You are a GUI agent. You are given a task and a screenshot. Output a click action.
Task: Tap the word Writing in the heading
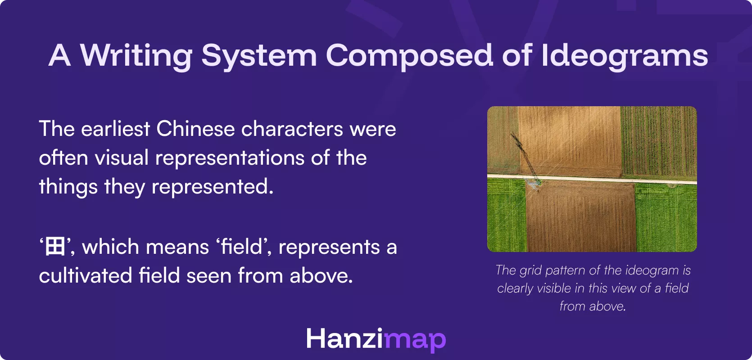pyautogui.click(x=136, y=56)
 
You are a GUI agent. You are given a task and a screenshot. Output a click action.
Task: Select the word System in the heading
pyautogui.click(x=259, y=56)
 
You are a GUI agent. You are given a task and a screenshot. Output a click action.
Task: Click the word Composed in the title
pyautogui.click(x=409, y=56)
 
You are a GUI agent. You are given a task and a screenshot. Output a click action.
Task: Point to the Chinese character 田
pyautogui.click(x=55, y=247)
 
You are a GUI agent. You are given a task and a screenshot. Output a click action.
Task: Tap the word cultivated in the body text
pyautogui.click(x=85, y=276)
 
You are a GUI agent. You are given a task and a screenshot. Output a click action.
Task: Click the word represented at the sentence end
pyautogui.click(x=212, y=187)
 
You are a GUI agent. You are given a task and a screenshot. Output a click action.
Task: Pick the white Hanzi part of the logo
pyautogui.click(x=344, y=338)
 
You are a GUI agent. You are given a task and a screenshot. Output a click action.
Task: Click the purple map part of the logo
pyautogui.click(x=415, y=340)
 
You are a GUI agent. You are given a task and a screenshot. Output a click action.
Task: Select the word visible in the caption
pyautogui.click(x=551, y=288)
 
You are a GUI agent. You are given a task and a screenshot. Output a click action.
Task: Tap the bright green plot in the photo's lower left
pyautogui.click(x=506, y=216)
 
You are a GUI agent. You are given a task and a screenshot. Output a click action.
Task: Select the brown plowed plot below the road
pyautogui.click(x=581, y=216)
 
